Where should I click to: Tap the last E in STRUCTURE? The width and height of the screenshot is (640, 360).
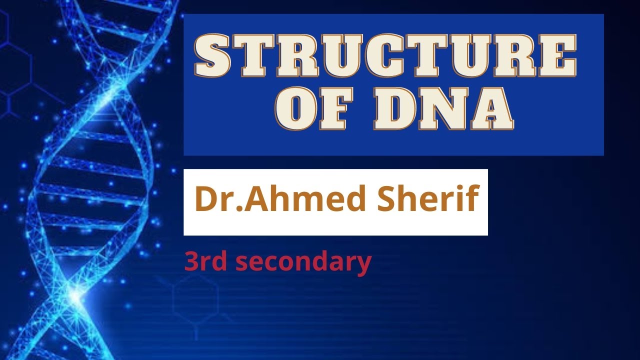pos(557,55)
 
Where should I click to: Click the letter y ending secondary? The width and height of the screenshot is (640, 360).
pos(364,265)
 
